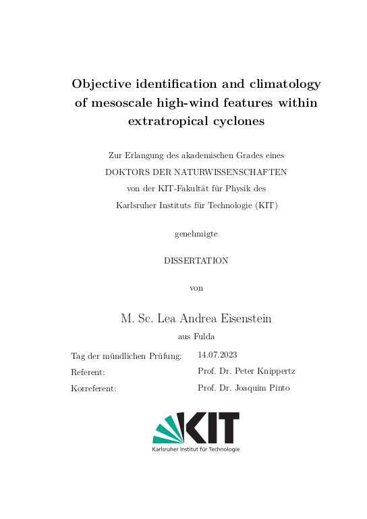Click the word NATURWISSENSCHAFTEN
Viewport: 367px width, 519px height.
point(231,172)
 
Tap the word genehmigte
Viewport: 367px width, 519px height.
point(196,234)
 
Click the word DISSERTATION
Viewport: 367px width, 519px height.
point(196,260)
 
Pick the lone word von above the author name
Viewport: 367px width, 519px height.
point(196,288)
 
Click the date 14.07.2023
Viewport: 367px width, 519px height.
point(217,355)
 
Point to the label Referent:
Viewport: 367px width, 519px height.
point(88,372)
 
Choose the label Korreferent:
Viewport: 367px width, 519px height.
point(94,389)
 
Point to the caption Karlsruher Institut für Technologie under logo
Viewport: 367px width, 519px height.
point(196,449)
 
